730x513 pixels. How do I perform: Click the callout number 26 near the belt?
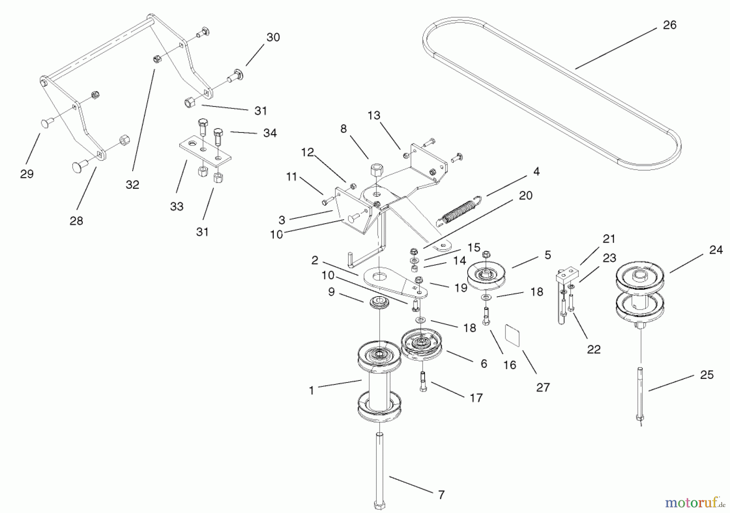coord(670,25)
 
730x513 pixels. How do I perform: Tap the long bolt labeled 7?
coord(379,470)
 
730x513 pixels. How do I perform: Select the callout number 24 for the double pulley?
coord(716,250)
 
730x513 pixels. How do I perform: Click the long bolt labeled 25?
coord(640,397)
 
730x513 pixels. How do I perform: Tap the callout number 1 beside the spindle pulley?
coord(311,391)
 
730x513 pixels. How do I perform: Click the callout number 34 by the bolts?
coord(270,133)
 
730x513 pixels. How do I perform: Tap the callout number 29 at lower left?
coord(27,174)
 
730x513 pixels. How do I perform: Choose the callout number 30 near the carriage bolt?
coord(273,37)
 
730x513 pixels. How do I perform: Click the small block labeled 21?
coord(566,274)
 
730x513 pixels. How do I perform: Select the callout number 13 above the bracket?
coord(374,115)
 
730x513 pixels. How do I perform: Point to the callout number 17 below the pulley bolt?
coord(476,398)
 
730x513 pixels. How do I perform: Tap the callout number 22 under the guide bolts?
coord(594,349)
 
